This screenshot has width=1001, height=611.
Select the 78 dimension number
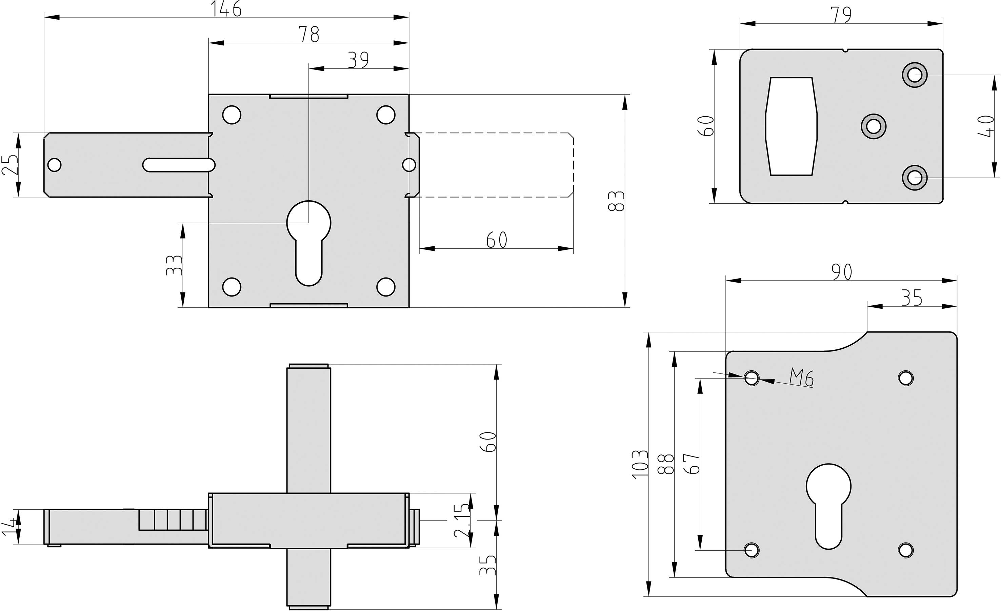click(x=309, y=34)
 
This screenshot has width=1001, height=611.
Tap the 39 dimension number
click(x=358, y=60)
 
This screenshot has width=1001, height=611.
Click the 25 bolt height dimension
click(x=10, y=165)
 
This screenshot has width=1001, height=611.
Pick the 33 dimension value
click(x=174, y=265)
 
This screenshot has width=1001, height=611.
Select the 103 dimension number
click(x=640, y=464)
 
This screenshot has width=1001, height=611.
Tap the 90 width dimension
click(x=841, y=272)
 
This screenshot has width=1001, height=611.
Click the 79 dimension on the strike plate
click(x=841, y=15)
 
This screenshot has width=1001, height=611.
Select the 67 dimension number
click(x=692, y=464)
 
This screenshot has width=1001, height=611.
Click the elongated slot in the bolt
click(x=179, y=165)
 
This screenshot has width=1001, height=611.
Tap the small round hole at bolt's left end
click(x=55, y=165)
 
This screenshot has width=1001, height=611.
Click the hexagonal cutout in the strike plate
click(x=791, y=126)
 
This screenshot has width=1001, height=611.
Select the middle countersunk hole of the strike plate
click(x=874, y=126)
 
